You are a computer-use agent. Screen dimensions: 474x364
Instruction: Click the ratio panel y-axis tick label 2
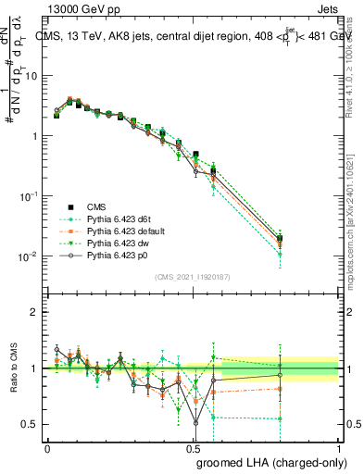point(35,312)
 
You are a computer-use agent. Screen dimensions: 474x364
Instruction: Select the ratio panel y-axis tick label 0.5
point(31,424)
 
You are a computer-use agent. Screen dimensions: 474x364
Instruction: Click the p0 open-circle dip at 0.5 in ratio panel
point(195,423)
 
